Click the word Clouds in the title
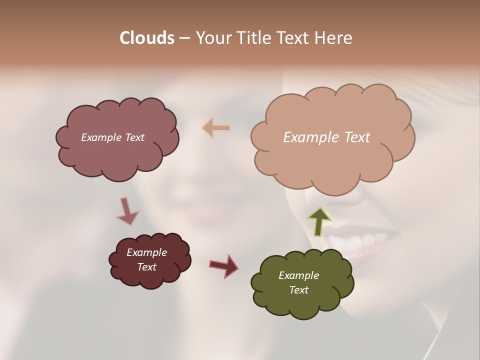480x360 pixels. pos(146,38)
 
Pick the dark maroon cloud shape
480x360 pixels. pos(150,277)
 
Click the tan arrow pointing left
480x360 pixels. pos(216,128)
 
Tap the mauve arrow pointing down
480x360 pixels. pos(127,211)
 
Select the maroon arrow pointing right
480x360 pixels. pos(224,265)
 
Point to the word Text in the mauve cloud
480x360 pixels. pos(133,137)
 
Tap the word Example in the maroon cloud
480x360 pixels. pos(147,252)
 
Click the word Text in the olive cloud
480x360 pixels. pos(298,290)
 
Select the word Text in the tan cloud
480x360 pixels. pos(357,137)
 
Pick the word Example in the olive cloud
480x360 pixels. pos(298,275)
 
